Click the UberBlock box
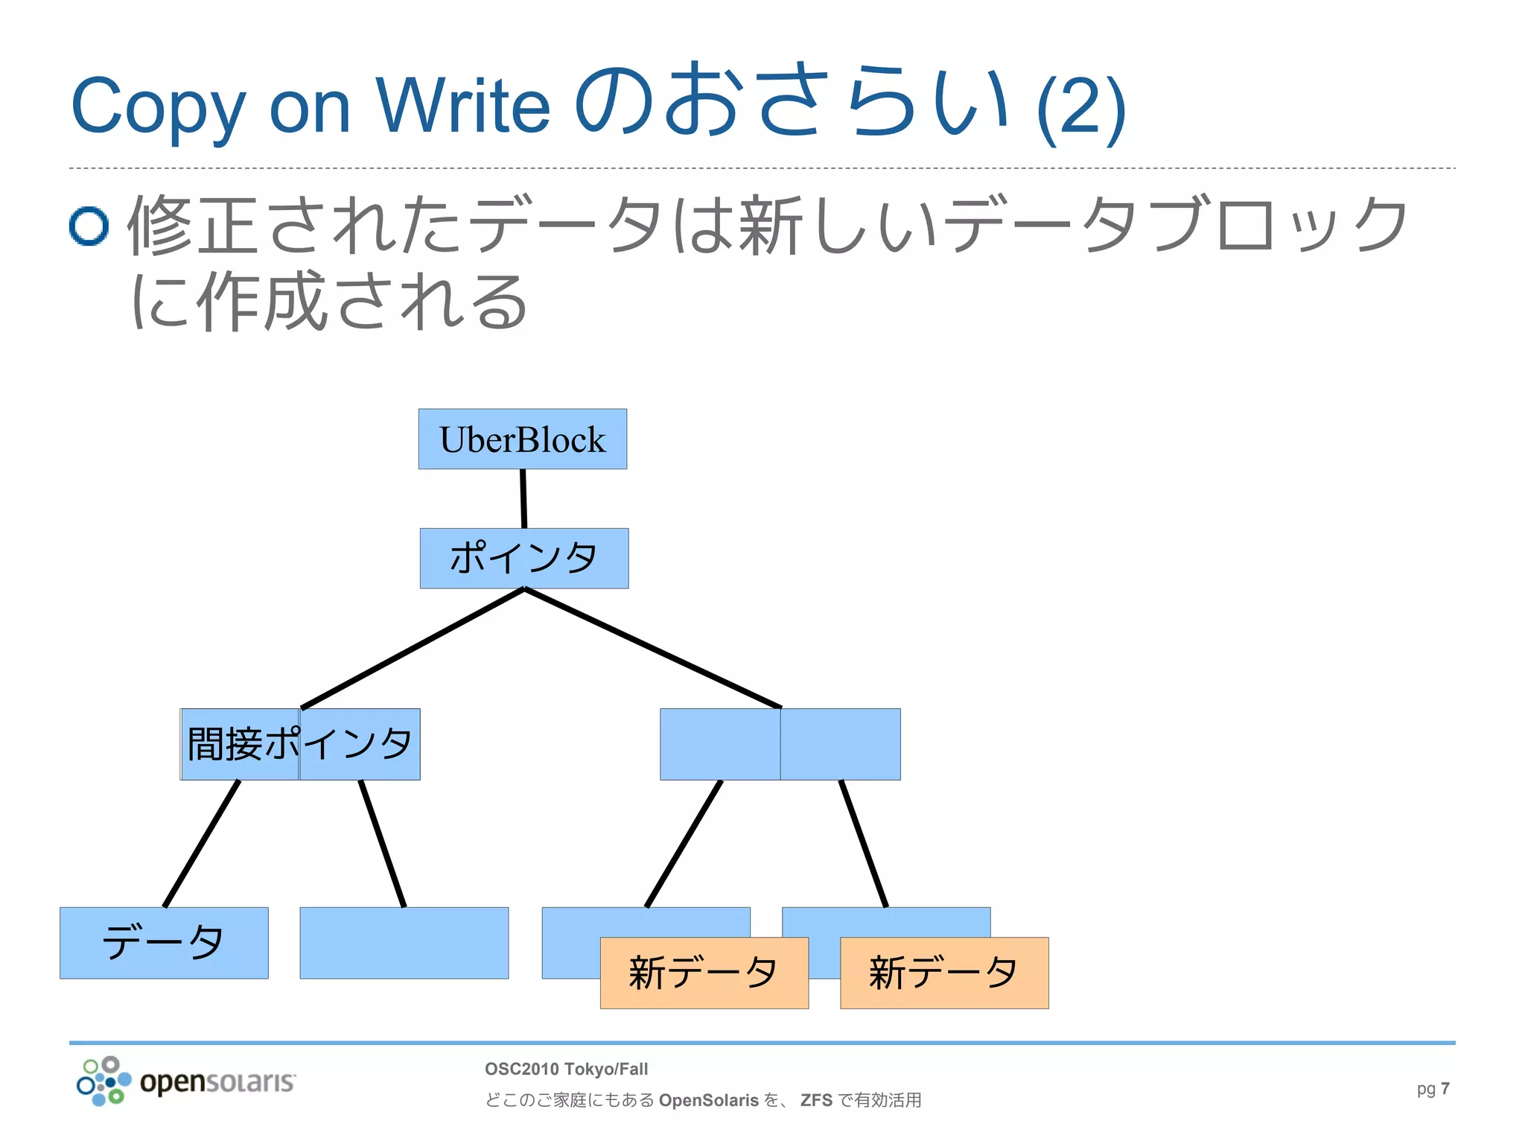pyautogui.click(x=522, y=439)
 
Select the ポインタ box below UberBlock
pyautogui.click(x=523, y=558)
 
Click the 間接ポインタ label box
pyautogui.click(x=300, y=744)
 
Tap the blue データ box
pyautogui.click(x=164, y=942)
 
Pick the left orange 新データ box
pyautogui.click(x=704, y=973)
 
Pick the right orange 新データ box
pyautogui.click(x=943, y=973)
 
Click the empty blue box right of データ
pyautogui.click(x=404, y=942)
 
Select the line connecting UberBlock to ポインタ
pyautogui.click(x=523, y=498)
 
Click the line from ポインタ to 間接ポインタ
pyautogui.click(x=413, y=648)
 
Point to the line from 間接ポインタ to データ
pyautogui.click(x=202, y=843)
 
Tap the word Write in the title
pyautogui.click(x=462, y=106)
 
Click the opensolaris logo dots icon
pyautogui.click(x=103, y=1081)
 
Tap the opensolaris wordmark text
pyautogui.click(x=217, y=1082)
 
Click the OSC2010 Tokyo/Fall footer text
pyautogui.click(x=566, y=1069)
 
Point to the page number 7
pyautogui.click(x=1445, y=1088)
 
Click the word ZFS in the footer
pyautogui.click(x=816, y=1100)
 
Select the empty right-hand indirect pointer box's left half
pyautogui.click(x=719, y=744)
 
